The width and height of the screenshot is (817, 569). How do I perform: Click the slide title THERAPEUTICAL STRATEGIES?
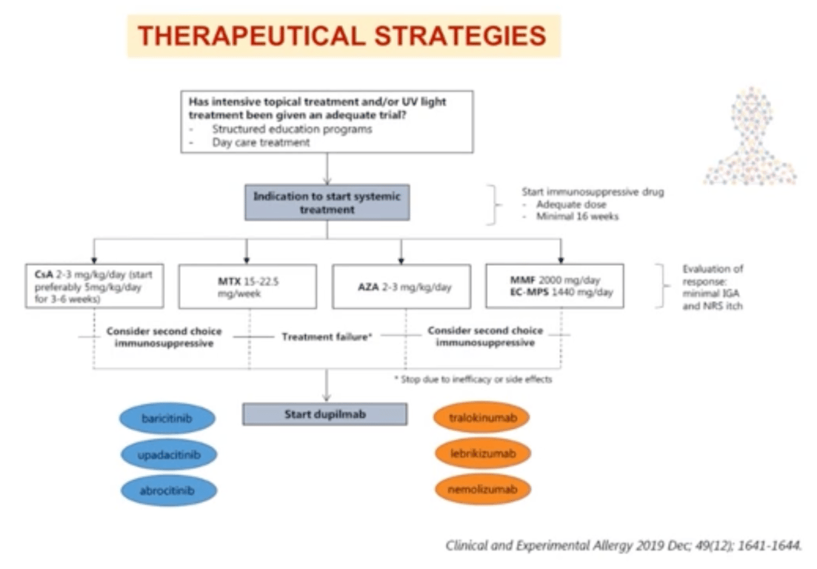pos(341,36)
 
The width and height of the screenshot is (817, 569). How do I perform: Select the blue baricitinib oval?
pos(167,419)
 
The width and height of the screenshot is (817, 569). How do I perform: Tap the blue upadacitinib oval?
pos(169,455)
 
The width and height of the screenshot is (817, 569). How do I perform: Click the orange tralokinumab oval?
pos(482,417)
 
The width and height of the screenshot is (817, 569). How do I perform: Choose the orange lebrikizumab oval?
pos(483,453)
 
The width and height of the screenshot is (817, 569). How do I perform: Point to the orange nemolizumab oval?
pos(483,489)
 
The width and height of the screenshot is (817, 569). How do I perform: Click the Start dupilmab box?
pos(324,414)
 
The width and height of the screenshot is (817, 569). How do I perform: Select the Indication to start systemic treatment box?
pos(327,203)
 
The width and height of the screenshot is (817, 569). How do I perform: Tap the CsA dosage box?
pos(94,286)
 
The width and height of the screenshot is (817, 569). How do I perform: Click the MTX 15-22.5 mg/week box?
pos(247,287)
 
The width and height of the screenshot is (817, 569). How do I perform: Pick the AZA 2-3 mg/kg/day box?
pos(401,287)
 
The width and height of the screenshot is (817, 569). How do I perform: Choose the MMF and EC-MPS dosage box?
pos(555,286)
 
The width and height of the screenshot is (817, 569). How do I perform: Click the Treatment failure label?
pos(327,337)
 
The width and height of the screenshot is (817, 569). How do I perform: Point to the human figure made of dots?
pos(751,136)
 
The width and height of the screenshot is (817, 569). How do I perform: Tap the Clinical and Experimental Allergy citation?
pos(623,545)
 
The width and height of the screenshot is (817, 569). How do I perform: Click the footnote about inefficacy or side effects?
pos(473,379)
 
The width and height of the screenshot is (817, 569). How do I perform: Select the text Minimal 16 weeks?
pos(577,216)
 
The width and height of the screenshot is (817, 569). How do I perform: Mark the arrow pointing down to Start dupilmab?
pos(327,385)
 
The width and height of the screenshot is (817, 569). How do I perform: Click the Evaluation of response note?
pos(713,287)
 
